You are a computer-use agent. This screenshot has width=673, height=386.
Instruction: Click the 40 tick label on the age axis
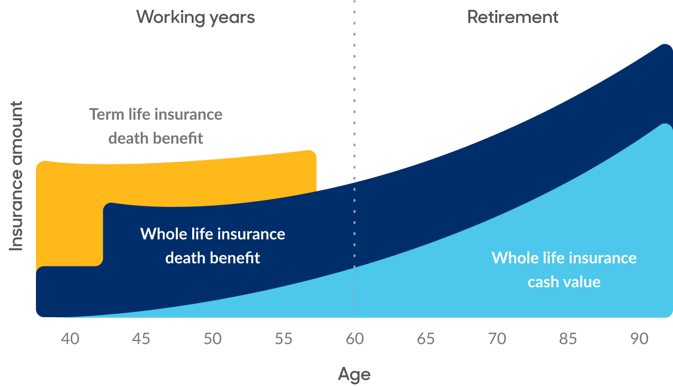coord(70,339)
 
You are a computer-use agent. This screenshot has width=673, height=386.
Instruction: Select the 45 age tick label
coord(141,339)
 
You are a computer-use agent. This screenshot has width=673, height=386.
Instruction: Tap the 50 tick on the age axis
coord(212,339)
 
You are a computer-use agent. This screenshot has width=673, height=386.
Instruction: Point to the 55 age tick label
coord(283,339)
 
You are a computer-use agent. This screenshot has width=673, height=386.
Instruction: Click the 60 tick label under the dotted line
coord(354,339)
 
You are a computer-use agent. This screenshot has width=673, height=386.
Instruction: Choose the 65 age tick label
coord(425,339)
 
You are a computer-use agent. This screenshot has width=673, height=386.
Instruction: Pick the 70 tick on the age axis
coord(497,339)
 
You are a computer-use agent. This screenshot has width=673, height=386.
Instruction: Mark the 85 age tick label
coord(568,339)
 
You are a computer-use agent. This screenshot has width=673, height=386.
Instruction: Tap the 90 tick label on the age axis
coord(639,339)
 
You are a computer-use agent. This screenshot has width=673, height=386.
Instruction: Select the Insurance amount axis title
coord(16,176)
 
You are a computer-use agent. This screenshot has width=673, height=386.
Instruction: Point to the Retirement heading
coord(513,17)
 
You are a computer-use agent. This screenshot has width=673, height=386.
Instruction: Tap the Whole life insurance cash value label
coord(564,270)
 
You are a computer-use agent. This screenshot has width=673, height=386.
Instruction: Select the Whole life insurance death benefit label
coord(212,246)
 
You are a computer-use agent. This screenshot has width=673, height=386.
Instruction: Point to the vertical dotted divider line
coord(354,156)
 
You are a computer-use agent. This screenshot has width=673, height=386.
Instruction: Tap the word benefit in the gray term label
coord(178,138)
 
